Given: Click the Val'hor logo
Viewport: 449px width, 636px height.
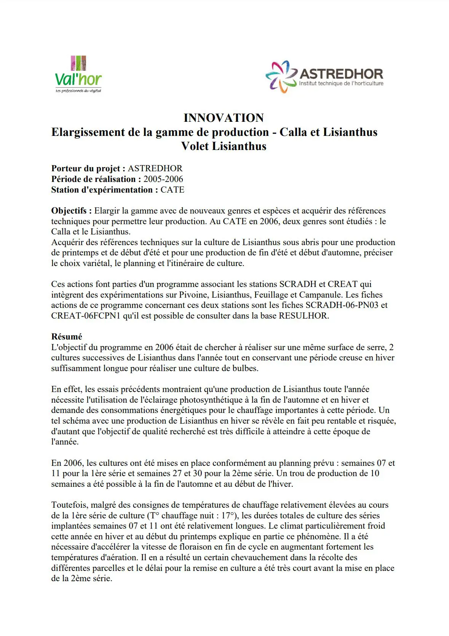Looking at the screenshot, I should [x=78, y=75].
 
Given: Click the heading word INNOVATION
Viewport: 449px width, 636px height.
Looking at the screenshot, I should [x=224, y=118].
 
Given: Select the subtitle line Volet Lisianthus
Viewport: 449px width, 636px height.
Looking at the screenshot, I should [x=224, y=146].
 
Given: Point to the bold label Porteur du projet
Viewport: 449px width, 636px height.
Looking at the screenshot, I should [x=88, y=169].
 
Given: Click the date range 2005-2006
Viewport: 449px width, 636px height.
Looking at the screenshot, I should [x=163, y=179].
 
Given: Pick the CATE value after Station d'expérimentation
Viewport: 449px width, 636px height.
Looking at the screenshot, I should [x=172, y=190].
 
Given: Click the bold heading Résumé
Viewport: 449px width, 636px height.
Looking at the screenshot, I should [x=67, y=337].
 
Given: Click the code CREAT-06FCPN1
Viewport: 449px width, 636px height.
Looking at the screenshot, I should [x=86, y=316].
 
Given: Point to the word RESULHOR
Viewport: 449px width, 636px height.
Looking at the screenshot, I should [x=304, y=316].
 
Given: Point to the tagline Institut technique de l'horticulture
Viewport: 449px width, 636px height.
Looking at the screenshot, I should [x=341, y=84].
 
